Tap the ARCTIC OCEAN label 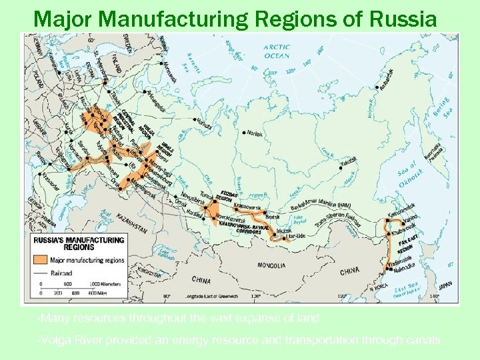coord(276,51)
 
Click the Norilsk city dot coord(244,133)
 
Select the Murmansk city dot coord(163,64)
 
